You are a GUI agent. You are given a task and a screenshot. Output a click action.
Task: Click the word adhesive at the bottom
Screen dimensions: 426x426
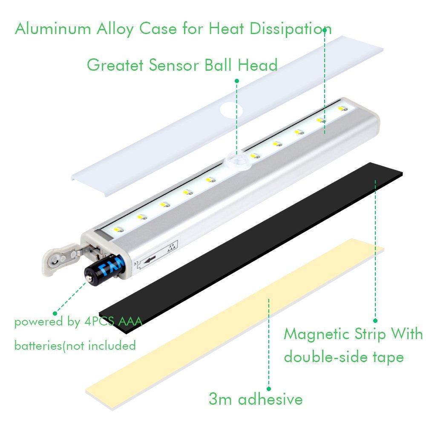tap(270, 400)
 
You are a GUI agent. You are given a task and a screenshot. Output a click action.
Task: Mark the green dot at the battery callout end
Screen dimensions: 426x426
tap(55, 312)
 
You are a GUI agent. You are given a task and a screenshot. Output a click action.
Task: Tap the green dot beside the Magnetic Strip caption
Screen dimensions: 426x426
tap(375, 321)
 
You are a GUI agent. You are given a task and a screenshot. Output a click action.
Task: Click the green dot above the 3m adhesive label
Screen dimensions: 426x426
tap(268, 389)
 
